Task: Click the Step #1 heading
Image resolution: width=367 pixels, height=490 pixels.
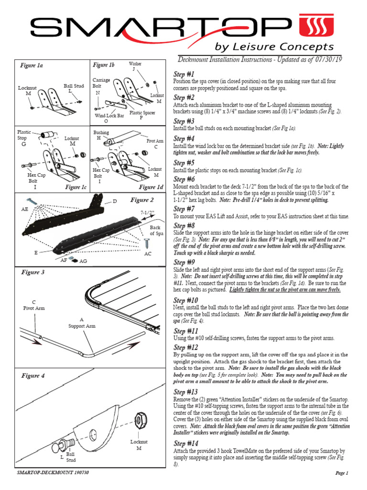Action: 184,74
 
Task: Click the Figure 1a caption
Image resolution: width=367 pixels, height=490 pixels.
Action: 32,66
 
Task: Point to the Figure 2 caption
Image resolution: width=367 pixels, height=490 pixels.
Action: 142,200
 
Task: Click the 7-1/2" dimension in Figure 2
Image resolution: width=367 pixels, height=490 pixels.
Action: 148,212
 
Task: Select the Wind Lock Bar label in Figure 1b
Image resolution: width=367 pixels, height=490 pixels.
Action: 109,115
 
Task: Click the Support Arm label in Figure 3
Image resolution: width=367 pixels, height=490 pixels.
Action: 81,323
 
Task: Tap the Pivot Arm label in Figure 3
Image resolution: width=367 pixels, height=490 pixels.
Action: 34,305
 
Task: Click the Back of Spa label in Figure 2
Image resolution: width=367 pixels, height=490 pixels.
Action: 155,230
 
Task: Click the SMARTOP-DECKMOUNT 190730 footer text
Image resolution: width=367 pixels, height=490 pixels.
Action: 53,473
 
